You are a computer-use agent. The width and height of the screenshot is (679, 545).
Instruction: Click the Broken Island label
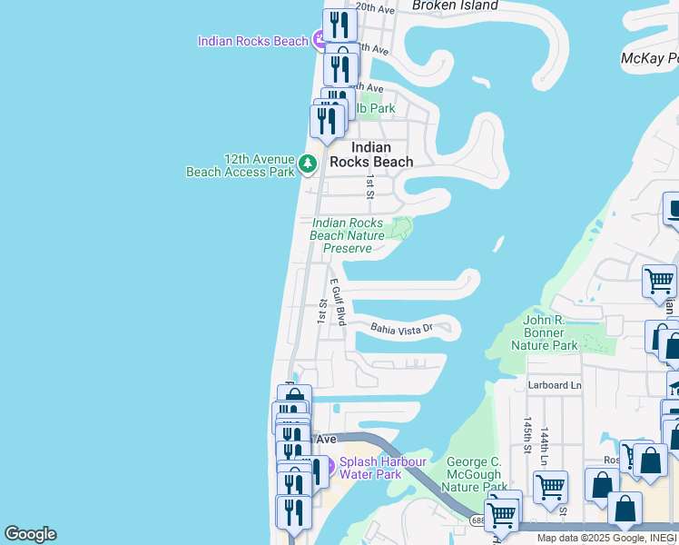(455, 5)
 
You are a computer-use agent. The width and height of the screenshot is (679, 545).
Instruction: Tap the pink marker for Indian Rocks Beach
(319, 40)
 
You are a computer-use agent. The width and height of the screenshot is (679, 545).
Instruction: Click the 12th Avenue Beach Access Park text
(240, 164)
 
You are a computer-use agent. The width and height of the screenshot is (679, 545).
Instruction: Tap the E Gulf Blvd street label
(339, 302)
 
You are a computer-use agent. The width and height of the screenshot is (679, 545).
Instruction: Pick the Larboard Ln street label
(555, 385)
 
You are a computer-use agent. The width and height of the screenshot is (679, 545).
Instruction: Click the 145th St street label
(526, 438)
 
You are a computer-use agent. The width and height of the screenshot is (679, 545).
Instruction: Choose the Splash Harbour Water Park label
(382, 468)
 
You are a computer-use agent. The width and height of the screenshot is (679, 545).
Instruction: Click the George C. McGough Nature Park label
(474, 475)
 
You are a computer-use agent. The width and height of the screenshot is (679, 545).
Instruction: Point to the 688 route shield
(477, 520)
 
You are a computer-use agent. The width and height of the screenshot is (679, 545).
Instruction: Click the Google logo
(30, 534)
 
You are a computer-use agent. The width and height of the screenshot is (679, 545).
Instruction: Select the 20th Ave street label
(375, 8)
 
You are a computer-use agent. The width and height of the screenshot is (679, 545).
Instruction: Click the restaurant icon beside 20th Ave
(339, 25)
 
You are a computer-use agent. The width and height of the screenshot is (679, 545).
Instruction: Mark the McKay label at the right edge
(648, 58)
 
